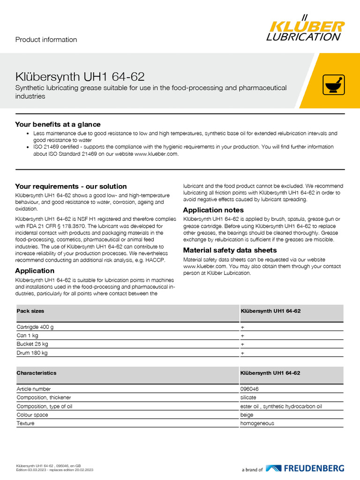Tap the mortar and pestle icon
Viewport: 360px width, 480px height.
pos(334,85)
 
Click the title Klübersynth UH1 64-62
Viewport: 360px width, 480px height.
pos(80,76)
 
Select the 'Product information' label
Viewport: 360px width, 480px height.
pos(46,40)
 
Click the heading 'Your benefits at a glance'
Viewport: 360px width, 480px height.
pos(58,124)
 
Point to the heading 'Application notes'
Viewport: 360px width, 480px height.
pos(213,210)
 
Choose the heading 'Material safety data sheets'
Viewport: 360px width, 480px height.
pos(230,250)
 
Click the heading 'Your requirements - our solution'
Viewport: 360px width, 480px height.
pos(71,186)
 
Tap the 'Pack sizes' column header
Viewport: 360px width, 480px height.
pos(30,311)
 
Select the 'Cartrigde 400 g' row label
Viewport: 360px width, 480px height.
pos(38,327)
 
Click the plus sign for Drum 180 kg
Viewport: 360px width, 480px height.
pos(242,352)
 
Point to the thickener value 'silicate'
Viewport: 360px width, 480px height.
pos(248,397)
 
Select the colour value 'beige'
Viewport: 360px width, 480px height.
pos(247,415)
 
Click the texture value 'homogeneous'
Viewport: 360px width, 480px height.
pos(257,423)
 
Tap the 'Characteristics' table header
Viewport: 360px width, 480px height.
pos(37,373)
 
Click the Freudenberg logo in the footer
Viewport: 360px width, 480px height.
pos(305,468)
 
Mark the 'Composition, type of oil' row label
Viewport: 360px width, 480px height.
pos(45,406)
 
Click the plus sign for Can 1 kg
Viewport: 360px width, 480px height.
pos(242,336)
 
